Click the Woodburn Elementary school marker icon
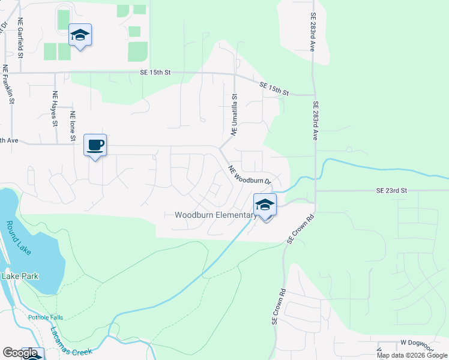point(265,205)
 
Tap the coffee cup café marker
point(95,145)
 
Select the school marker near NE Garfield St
point(79,36)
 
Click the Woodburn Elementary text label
point(215,215)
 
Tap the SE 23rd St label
point(391,190)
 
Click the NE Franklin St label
point(8,85)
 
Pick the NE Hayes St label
point(55,109)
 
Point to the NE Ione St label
point(73,126)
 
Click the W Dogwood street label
point(416,343)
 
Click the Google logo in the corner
point(20,353)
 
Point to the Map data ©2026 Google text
point(412,355)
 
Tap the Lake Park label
point(20,276)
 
